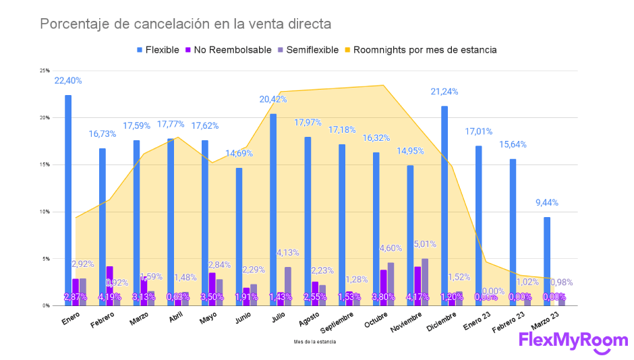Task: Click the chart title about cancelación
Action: click(185, 24)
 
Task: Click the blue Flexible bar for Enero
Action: click(68, 202)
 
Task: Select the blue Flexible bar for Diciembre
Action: click(444, 206)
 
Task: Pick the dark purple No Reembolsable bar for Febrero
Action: click(109, 283)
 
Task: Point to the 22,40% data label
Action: click(68, 80)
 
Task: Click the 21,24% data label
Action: click(444, 92)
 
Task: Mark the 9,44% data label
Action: click(546, 202)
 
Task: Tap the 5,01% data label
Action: click(426, 244)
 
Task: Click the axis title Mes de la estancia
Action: click(315, 342)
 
